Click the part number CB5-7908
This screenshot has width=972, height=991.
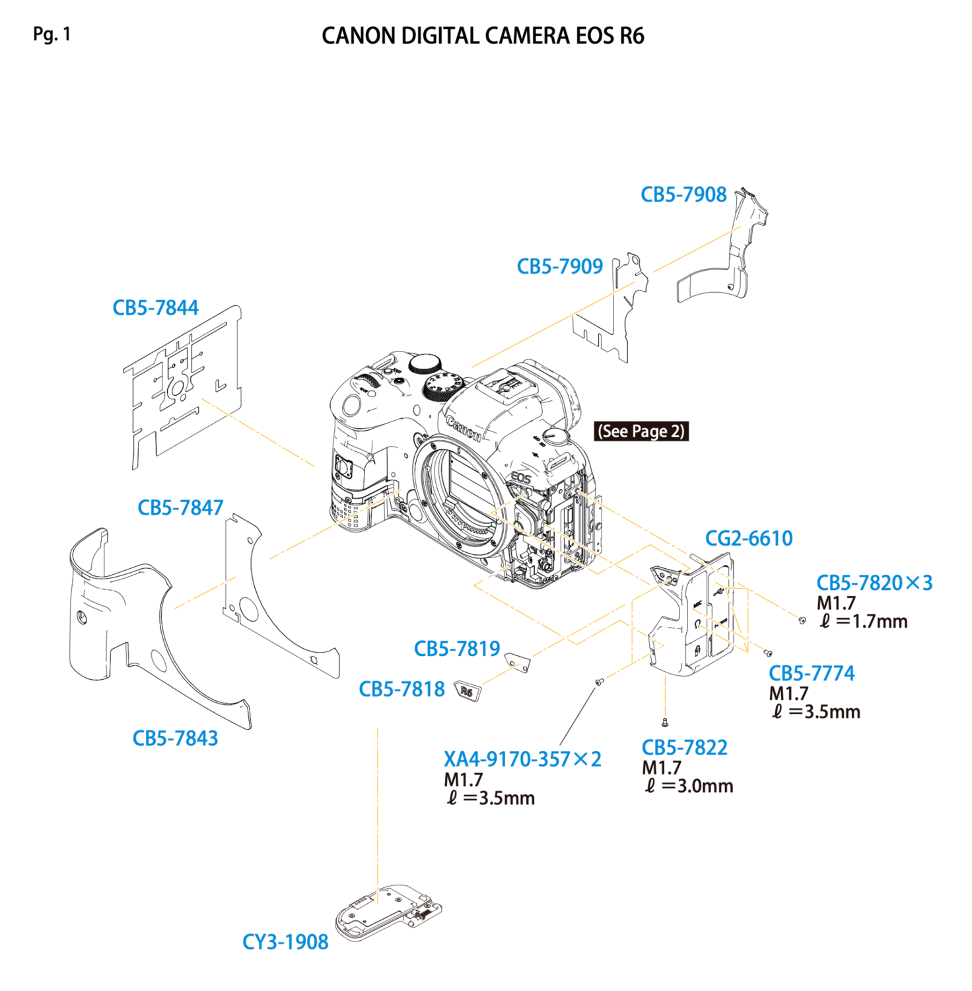tap(683, 195)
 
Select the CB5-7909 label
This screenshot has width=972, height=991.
tap(560, 266)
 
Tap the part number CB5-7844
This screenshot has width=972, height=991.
tap(156, 308)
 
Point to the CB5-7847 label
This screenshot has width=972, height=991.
tap(180, 507)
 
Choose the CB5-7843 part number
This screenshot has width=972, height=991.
tap(175, 738)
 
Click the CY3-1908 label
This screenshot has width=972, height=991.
tap(285, 941)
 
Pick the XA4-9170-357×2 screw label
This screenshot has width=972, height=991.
tap(522, 759)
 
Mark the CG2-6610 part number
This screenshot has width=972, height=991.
tap(749, 538)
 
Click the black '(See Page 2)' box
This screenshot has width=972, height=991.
tap(641, 431)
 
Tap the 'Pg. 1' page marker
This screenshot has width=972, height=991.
tap(52, 34)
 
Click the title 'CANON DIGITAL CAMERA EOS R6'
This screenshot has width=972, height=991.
tap(483, 36)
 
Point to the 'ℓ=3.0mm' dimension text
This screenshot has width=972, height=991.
tap(689, 786)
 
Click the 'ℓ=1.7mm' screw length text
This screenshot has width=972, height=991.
tap(864, 621)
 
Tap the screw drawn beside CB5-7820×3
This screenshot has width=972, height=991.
tap(802, 620)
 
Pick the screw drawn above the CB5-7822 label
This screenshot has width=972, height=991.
tap(665, 723)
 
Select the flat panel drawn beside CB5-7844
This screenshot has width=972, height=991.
tap(183, 386)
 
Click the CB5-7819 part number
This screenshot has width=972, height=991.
tap(457, 649)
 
